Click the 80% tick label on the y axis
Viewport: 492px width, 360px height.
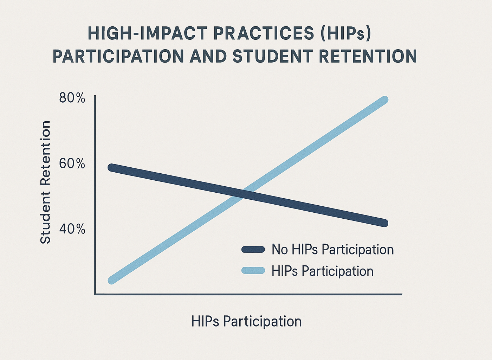72,98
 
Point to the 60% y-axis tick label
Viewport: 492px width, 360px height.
72,164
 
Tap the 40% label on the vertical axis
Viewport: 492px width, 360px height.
72,229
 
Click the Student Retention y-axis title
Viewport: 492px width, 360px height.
45,182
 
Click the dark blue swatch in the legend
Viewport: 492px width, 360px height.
253,250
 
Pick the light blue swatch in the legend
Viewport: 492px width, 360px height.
253,270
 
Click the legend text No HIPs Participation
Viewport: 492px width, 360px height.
333,250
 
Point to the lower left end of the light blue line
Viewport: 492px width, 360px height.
112,281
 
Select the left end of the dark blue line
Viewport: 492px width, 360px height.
111,168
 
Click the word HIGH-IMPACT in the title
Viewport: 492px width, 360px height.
148,33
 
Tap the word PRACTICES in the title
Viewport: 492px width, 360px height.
264,33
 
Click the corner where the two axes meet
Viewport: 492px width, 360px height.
95,295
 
